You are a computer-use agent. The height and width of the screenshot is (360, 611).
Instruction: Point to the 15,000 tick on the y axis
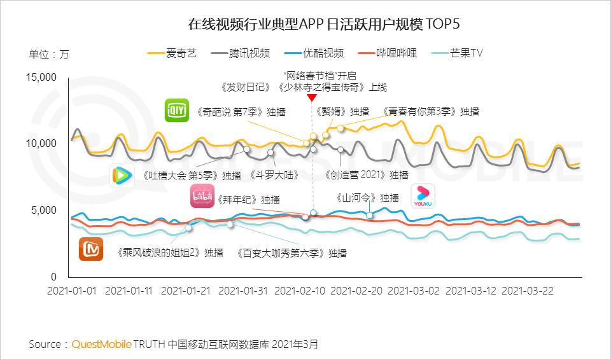(x=41, y=78)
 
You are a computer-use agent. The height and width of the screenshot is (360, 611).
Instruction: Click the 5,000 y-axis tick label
(x=43, y=211)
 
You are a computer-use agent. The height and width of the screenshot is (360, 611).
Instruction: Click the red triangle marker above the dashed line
(x=311, y=98)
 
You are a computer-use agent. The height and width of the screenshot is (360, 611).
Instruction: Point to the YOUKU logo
(x=423, y=196)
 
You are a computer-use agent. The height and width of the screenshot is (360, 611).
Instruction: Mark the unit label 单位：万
(x=48, y=54)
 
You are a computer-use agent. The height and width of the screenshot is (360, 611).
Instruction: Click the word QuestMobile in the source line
(x=101, y=344)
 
